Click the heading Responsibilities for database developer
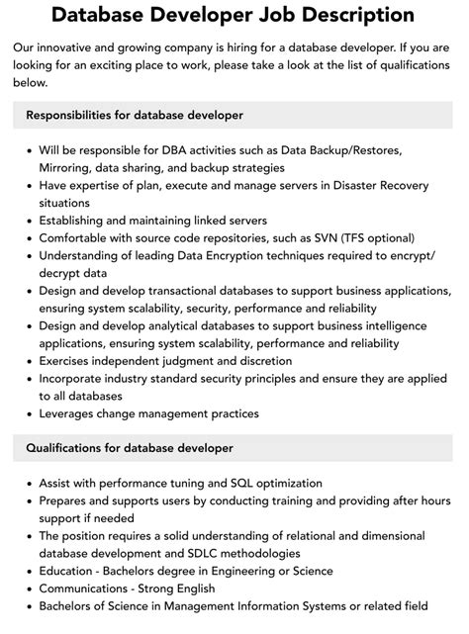tap(135, 115)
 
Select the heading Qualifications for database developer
tap(130, 448)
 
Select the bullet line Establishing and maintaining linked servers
tap(152, 221)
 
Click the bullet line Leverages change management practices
tap(148, 413)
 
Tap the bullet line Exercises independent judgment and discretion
tap(165, 361)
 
